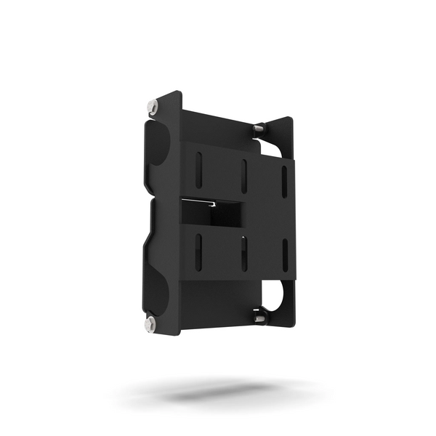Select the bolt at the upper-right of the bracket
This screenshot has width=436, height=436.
pos(259,129)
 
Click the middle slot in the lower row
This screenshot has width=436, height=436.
pos(243,251)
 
